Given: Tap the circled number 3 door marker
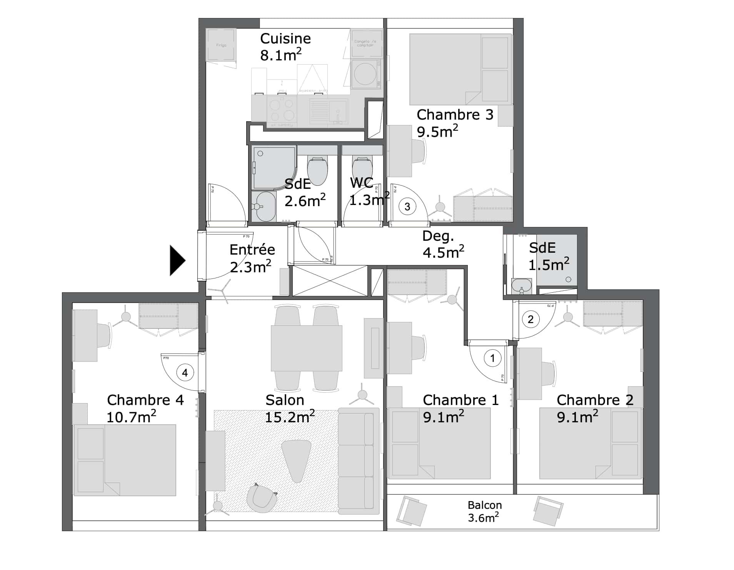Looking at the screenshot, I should tap(407, 207).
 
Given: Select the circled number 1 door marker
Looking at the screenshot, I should tap(492, 358).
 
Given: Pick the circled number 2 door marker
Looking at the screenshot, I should tap(530, 319).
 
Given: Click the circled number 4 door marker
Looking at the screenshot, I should tap(185, 373).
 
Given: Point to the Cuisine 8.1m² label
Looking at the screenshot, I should tap(285, 47).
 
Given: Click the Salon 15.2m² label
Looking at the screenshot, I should tap(289, 408).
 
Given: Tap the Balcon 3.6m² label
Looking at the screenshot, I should tap(484, 511).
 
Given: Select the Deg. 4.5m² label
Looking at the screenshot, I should tap(442, 244).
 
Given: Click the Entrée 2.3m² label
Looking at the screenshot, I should tap(252, 258).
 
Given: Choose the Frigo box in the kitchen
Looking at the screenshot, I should tap(221, 45).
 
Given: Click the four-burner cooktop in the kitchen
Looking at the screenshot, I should tap(282, 110).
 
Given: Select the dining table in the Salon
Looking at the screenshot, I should tap(306, 348).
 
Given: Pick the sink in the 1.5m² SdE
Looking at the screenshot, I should tap(521, 286).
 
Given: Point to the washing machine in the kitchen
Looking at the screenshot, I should tap(365, 74).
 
